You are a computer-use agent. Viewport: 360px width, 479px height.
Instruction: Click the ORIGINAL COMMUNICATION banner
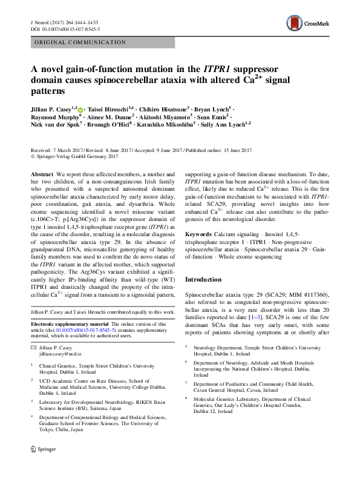(x=79, y=43)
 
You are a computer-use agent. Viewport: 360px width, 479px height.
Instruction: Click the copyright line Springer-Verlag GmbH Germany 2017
(x=87, y=156)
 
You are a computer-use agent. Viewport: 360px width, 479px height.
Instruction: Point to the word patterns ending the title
(x=48, y=91)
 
